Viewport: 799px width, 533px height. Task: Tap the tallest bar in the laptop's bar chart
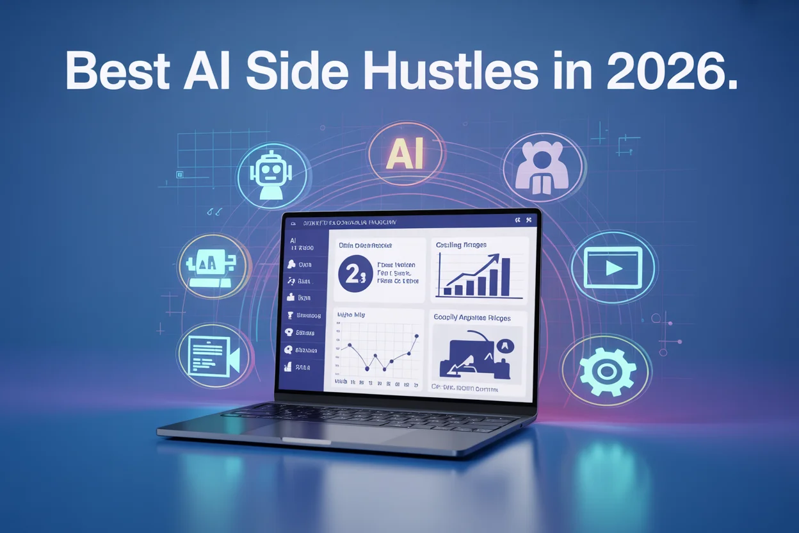click(506, 276)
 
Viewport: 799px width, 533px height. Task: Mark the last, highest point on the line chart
click(417, 336)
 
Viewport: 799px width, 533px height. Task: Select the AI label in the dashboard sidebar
click(293, 240)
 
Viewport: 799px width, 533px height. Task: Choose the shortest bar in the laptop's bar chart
click(448, 290)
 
